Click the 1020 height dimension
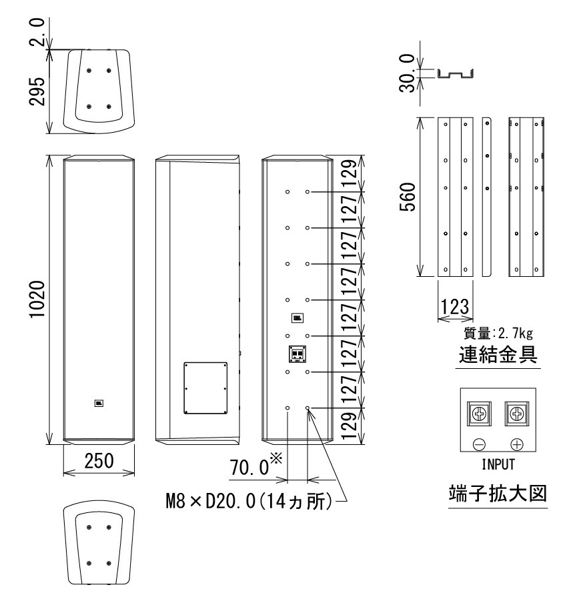coord(38,299)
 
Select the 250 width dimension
coord(99,461)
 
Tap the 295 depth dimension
coord(37,91)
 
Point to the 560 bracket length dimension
coord(408,197)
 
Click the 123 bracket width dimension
coord(455,306)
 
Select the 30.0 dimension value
coord(407,73)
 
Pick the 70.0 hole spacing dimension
coord(249,467)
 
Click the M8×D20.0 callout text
coord(249,502)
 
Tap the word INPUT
coord(498,464)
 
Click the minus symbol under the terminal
coord(479,444)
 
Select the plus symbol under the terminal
coord(517,444)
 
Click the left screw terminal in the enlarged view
coord(479,414)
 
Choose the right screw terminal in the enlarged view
coord(517,414)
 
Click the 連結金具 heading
coord(498,355)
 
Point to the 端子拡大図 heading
coord(498,494)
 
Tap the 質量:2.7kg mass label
coord(498,333)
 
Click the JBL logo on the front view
coord(99,404)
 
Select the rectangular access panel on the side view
coord(205,388)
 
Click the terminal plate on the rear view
coord(297,354)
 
